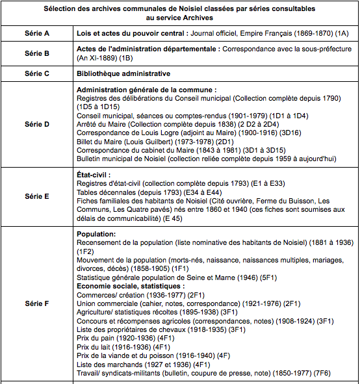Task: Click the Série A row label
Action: (x=37, y=32)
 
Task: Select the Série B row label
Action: (x=37, y=53)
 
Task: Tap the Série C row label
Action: (x=37, y=73)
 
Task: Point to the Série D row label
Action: (x=37, y=123)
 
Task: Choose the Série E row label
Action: (x=37, y=196)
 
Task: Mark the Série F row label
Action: (x=37, y=303)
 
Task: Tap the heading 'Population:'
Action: (x=96, y=234)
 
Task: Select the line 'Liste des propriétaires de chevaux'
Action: (x=160, y=329)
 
